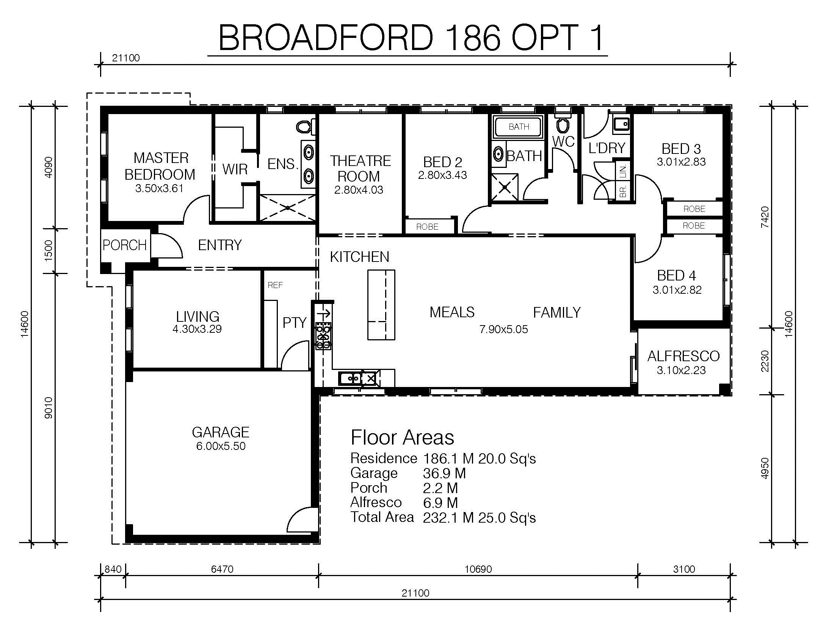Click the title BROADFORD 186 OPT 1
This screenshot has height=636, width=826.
click(x=411, y=38)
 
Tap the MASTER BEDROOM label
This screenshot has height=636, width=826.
click(x=160, y=166)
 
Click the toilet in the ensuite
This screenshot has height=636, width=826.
click(x=305, y=127)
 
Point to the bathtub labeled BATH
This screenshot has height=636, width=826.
click(x=519, y=127)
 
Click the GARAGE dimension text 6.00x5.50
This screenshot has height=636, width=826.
click(x=221, y=446)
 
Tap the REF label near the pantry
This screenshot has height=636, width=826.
click(x=275, y=285)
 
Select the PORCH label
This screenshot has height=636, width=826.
click(x=125, y=245)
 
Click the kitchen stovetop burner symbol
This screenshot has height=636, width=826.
click(x=323, y=336)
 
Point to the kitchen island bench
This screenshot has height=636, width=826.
click(x=381, y=305)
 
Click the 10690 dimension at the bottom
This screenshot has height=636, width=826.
click(x=478, y=569)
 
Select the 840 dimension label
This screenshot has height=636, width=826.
click(x=113, y=569)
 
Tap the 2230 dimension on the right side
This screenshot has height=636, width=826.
click(x=765, y=361)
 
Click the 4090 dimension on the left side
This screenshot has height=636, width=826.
click(x=49, y=167)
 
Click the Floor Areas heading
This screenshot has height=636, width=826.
click(x=402, y=437)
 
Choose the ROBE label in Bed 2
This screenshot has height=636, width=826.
click(x=427, y=227)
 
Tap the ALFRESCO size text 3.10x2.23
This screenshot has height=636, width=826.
click(x=681, y=370)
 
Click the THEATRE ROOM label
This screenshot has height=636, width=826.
click(x=360, y=169)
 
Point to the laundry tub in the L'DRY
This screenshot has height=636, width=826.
click(x=621, y=124)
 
